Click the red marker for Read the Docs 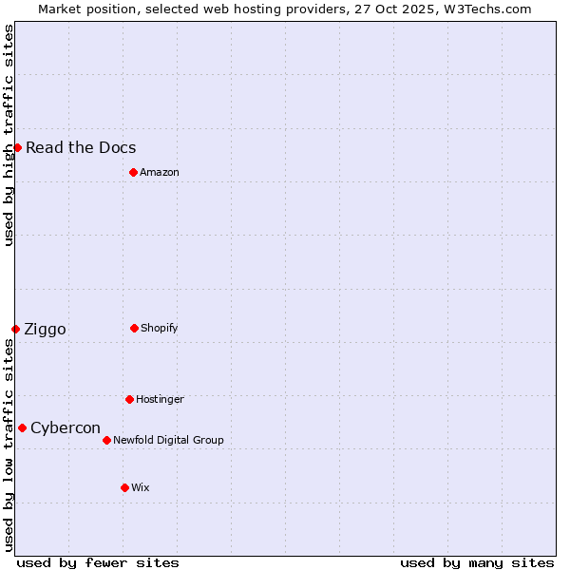(17, 147)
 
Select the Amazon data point (133, 172)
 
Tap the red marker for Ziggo (15, 329)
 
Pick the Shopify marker (134, 328)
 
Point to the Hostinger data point (129, 399)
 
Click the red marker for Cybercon (22, 427)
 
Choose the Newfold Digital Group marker (106, 440)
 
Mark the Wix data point (124, 487)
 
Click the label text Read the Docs (81, 147)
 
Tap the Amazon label (160, 172)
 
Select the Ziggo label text (45, 329)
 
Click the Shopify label (160, 328)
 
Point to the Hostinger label (160, 399)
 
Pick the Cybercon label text (66, 427)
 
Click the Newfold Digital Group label (168, 440)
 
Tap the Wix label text (141, 487)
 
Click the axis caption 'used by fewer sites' (98, 562)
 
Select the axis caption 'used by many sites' (477, 562)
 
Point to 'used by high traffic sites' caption (9, 135)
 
